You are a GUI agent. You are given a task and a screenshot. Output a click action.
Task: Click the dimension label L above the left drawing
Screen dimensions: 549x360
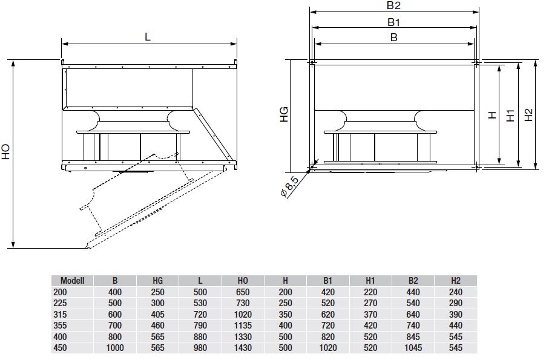click(148, 36)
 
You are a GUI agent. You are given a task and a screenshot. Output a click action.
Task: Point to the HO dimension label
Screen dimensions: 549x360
click(6, 152)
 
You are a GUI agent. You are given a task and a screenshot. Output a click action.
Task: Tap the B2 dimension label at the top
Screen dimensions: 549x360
click(393, 5)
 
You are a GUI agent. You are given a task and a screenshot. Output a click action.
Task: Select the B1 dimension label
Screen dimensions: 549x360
click(393, 22)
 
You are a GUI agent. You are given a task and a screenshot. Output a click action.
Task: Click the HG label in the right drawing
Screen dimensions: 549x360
click(284, 114)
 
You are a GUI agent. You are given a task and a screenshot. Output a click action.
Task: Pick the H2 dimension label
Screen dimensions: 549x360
click(528, 115)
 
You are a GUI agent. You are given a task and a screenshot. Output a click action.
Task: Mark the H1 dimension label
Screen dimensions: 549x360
click(511, 115)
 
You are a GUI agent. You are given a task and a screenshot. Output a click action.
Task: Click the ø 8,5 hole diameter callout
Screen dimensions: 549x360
click(289, 187)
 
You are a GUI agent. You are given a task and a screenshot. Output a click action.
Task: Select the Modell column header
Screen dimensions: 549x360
click(73, 281)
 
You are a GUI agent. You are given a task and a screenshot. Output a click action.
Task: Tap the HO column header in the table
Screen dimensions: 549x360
click(243, 281)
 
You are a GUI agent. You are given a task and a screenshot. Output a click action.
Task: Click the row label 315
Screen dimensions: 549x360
click(60, 314)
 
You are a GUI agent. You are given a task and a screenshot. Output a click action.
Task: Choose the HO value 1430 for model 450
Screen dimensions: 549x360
click(243, 348)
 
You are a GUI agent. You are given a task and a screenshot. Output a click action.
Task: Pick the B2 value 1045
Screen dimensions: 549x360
click(413, 348)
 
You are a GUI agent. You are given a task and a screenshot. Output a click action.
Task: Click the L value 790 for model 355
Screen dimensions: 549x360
click(200, 326)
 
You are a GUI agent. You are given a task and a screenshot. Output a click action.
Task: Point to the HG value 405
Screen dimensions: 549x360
click(157, 314)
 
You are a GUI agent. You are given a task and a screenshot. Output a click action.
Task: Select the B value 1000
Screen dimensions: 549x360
click(115, 348)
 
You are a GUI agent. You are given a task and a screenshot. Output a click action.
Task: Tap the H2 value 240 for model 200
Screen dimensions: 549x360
click(456, 292)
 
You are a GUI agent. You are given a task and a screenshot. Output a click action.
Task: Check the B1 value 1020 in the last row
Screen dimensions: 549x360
click(327, 348)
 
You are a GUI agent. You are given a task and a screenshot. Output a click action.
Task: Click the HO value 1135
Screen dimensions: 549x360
click(243, 326)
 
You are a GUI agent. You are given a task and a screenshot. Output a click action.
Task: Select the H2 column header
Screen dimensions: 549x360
click(456, 281)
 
